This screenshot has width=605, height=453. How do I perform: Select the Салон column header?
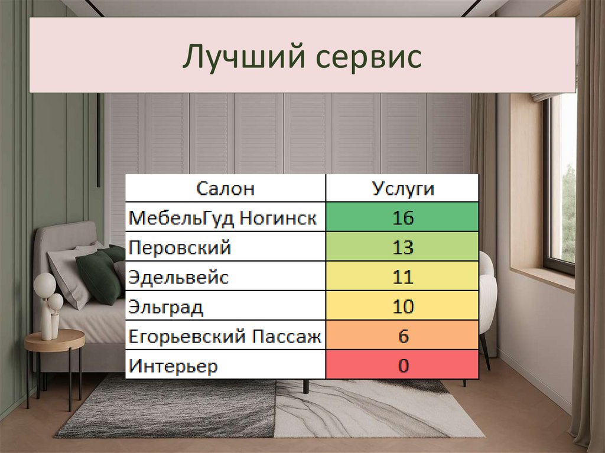pyautogui.click(x=225, y=189)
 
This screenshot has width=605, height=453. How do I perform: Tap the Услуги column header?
pyautogui.click(x=403, y=189)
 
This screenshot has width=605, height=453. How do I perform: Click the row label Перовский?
pyautogui.click(x=180, y=248)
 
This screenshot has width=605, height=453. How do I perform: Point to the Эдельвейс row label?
pyautogui.click(x=178, y=278)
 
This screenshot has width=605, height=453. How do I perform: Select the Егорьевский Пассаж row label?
pyautogui.click(x=225, y=337)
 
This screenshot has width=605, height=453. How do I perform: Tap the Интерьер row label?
pyautogui.click(x=173, y=366)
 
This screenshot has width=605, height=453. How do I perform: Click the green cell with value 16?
pyautogui.click(x=402, y=219)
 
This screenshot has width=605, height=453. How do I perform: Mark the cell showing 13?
pyautogui.click(x=402, y=248)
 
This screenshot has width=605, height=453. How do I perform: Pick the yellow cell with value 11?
pyautogui.click(x=402, y=278)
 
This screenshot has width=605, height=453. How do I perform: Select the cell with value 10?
pyautogui.click(x=402, y=307)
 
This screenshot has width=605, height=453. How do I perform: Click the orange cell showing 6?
pyautogui.click(x=402, y=337)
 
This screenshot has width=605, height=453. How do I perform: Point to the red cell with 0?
pyautogui.click(x=402, y=366)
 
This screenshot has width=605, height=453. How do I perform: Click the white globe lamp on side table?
pyautogui.click(x=45, y=286)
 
